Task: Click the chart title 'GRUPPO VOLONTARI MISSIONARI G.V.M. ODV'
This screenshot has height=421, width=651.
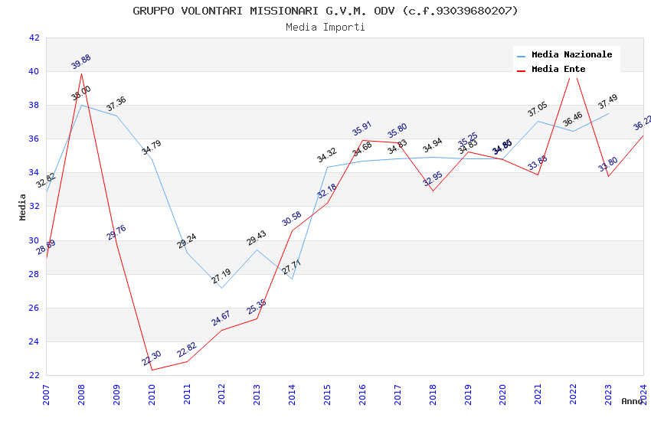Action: click(325, 11)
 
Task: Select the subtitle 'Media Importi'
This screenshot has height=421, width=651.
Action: click(325, 27)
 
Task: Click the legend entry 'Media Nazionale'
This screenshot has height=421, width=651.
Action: click(571, 54)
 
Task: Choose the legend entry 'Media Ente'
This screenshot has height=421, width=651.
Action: click(558, 69)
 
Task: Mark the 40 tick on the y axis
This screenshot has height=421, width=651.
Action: click(34, 72)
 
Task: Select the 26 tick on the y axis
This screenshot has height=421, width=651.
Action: click(34, 308)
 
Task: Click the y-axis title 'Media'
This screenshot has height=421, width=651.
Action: click(23, 207)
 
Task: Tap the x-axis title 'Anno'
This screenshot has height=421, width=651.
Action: click(632, 401)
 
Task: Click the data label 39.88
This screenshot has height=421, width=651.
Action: click(81, 61)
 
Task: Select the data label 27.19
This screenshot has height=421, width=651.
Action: click(221, 276)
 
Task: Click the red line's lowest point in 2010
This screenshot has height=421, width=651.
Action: click(152, 370)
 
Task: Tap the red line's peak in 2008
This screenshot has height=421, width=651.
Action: click(81, 73)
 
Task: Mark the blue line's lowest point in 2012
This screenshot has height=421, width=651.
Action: click(221, 288)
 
